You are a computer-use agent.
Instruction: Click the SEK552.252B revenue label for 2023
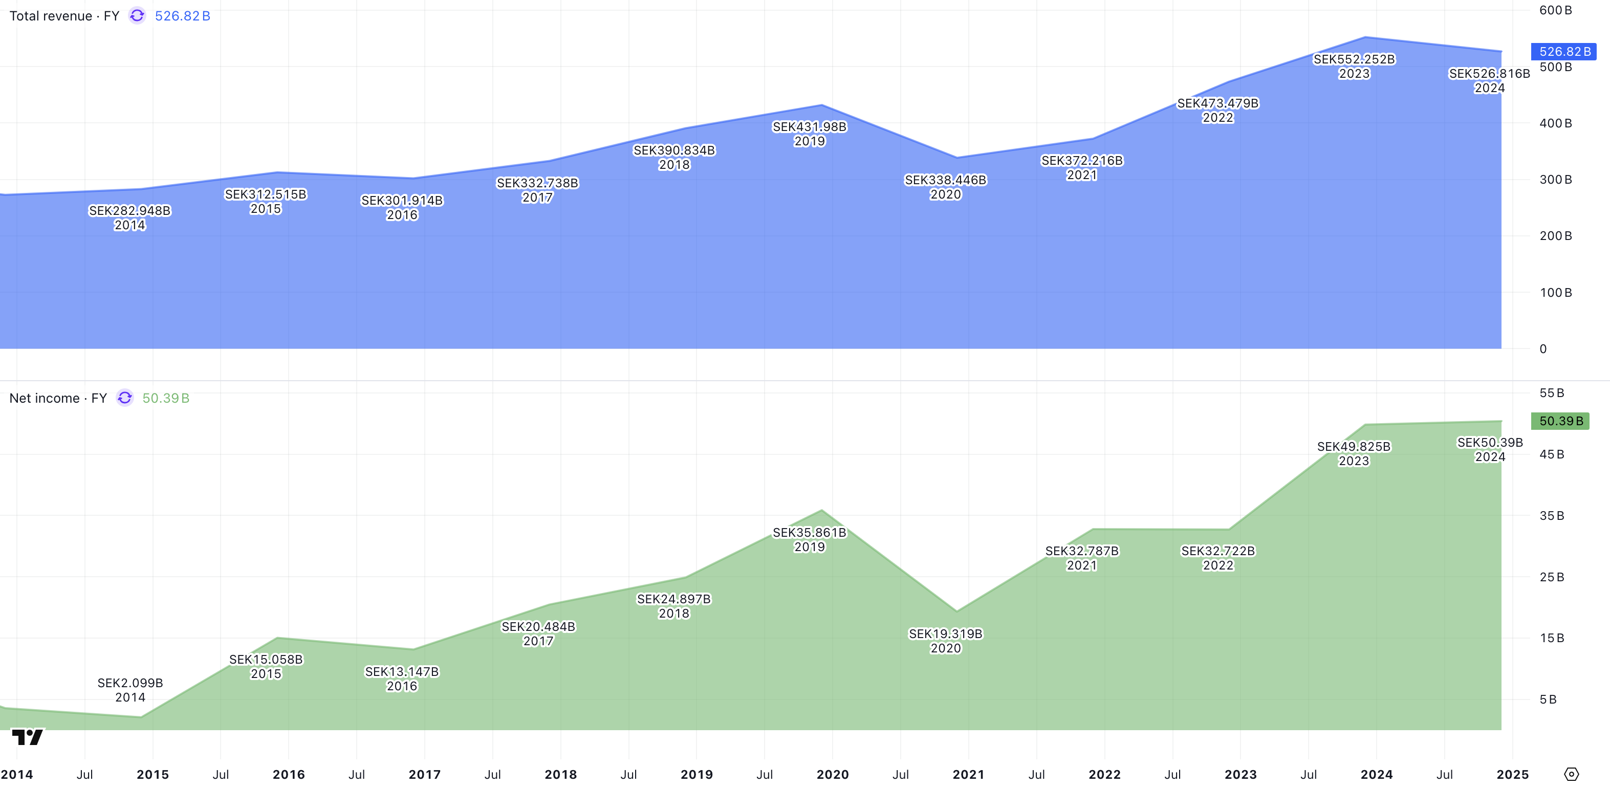[1354, 60]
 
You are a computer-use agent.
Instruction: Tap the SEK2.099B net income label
[130, 683]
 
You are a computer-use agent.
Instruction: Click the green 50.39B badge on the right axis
[1560, 421]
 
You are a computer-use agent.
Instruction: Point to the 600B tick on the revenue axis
[1555, 11]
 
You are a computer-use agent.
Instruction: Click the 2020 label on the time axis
[833, 774]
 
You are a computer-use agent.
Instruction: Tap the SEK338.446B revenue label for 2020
[945, 181]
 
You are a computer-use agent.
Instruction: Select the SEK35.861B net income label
[810, 533]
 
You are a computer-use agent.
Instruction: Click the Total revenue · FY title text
[64, 16]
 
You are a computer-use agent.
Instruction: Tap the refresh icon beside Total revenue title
[137, 16]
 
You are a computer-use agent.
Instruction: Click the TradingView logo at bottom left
[28, 737]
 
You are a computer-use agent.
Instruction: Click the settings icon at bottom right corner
[1571, 774]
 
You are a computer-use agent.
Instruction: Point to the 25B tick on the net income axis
[1551, 577]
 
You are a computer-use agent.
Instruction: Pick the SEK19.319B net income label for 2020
[945, 634]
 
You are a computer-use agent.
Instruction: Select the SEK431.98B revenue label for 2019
[810, 127]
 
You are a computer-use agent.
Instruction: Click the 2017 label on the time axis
[424, 774]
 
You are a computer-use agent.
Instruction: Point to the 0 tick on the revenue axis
[1543, 348]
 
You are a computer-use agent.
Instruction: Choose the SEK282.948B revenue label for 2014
[129, 211]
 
